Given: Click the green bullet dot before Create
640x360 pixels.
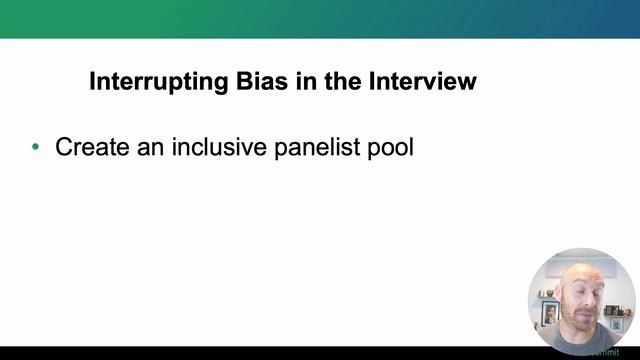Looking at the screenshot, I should point(37,148).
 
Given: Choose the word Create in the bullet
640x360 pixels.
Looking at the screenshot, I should point(94,147).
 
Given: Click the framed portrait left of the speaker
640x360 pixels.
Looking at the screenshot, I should point(549,311).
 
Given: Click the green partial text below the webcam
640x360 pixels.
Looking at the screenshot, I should point(605,352).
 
